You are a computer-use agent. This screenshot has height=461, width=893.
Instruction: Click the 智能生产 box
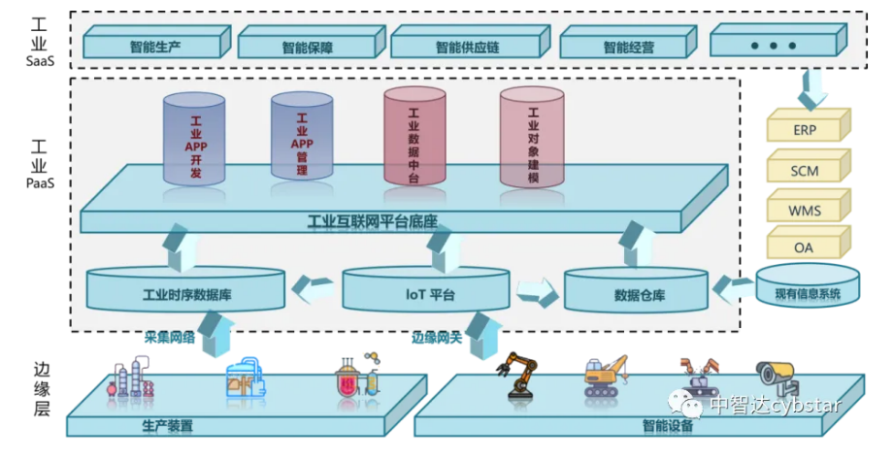coord(155,45)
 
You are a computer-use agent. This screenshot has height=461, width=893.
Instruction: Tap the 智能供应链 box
coord(467,45)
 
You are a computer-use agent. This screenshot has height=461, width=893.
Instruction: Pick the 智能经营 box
coord(628,45)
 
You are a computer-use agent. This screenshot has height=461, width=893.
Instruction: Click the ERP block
coord(804,128)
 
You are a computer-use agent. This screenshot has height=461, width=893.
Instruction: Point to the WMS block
coord(804,208)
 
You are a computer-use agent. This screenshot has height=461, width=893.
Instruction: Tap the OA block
coord(804,247)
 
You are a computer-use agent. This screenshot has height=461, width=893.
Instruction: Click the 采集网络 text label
coord(170,337)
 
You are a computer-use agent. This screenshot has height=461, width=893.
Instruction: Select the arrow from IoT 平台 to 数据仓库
coord(535,290)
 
